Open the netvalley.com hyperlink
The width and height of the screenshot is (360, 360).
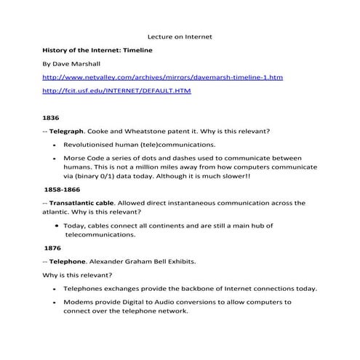click(x=162, y=77)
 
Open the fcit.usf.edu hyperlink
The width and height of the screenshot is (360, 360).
click(x=106, y=91)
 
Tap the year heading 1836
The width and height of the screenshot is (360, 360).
click(x=51, y=117)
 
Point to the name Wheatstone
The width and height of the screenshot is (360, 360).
click(x=144, y=131)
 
